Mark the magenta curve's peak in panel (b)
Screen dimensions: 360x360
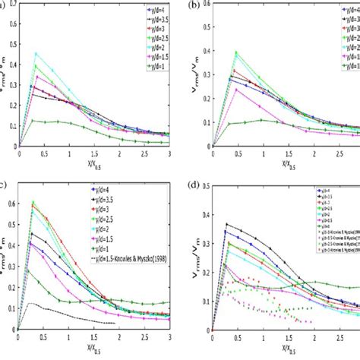coord(236,89)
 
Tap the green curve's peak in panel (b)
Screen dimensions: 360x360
coord(236,52)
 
